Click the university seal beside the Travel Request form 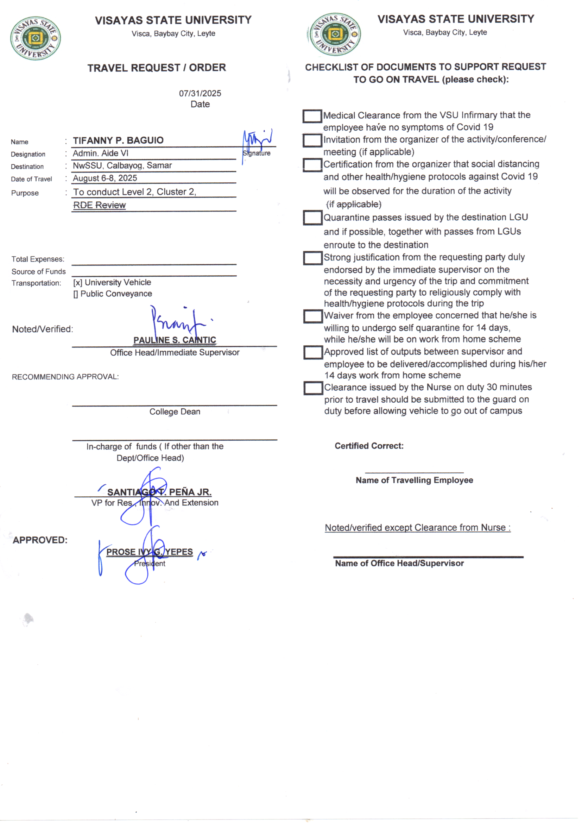click(x=35, y=38)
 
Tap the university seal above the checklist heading click(x=335, y=34)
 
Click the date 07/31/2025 click(x=200, y=94)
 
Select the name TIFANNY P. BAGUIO click(x=118, y=140)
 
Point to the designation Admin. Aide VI click(x=100, y=153)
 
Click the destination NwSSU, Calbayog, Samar click(x=122, y=165)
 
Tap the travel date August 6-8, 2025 click(x=105, y=178)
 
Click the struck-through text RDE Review click(x=100, y=205)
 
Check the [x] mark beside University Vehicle click(x=78, y=283)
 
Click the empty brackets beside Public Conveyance click(x=76, y=294)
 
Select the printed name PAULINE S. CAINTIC click(x=175, y=340)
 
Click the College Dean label click(x=175, y=411)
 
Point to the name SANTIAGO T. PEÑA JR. click(x=159, y=492)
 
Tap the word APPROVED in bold click(x=40, y=540)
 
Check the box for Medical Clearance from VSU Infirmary click(x=312, y=116)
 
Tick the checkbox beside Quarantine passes click(x=312, y=218)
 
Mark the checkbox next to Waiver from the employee click(x=313, y=316)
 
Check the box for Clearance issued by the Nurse click(x=313, y=388)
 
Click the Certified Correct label click(x=369, y=446)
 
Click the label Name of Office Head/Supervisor click(x=399, y=564)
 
